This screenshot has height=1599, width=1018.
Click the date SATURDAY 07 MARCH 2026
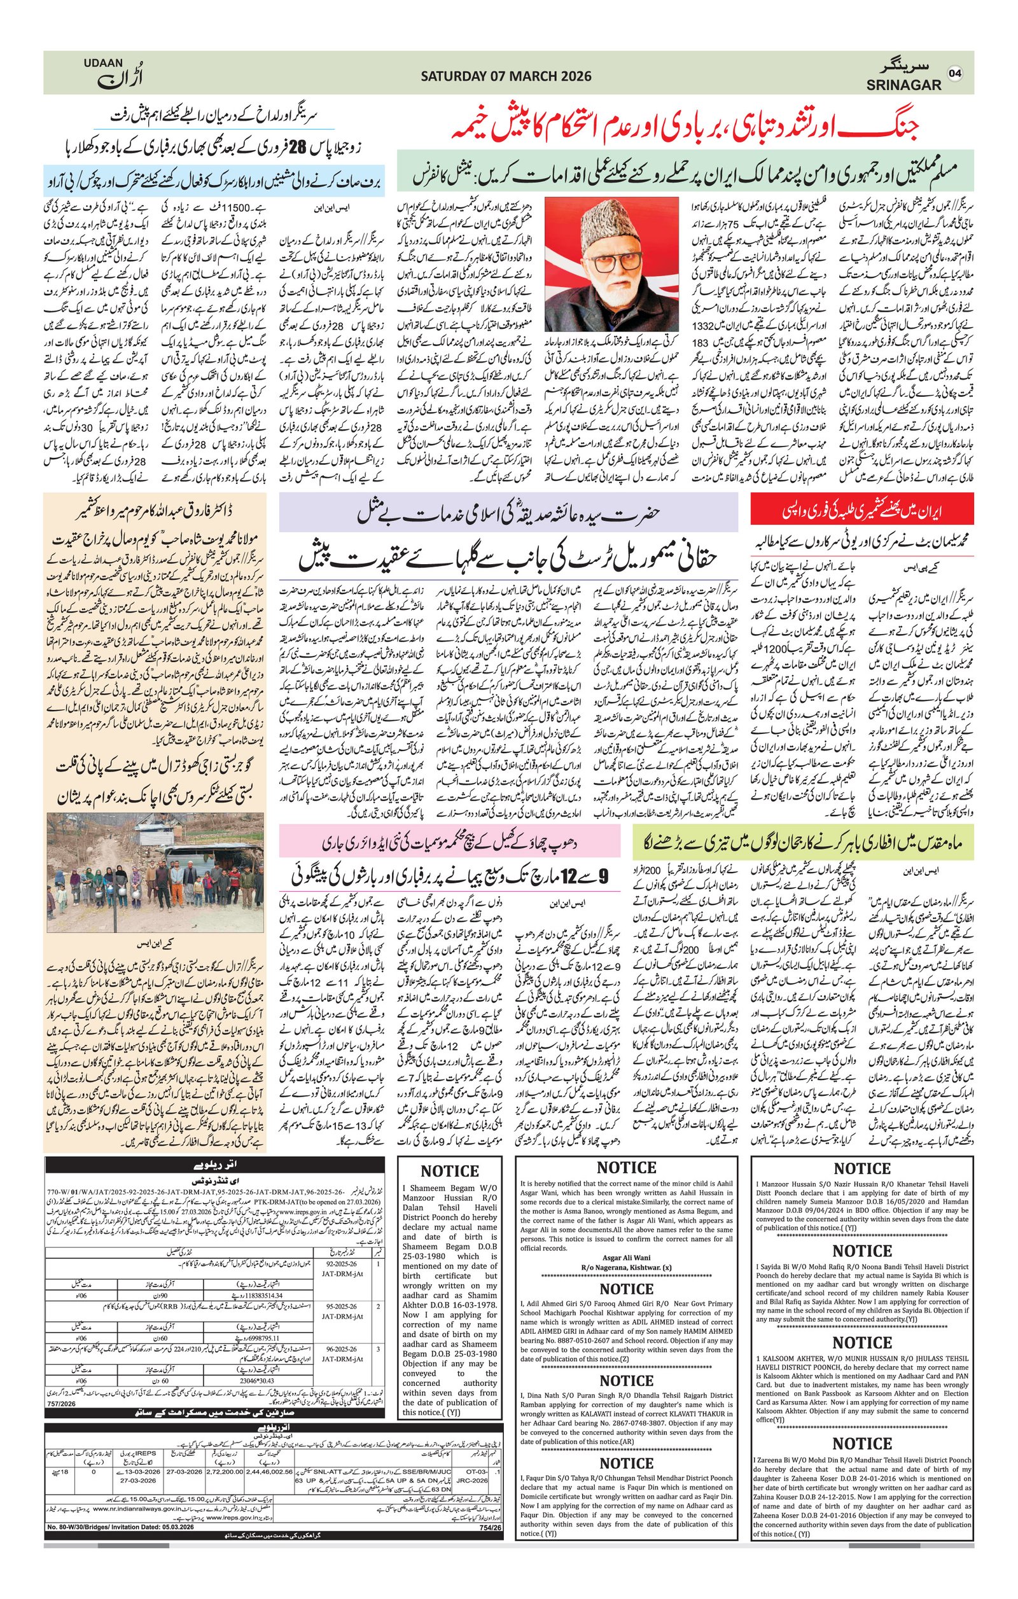point(505,76)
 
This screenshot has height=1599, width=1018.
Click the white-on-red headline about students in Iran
point(861,511)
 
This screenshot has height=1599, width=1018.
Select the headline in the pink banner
point(452,843)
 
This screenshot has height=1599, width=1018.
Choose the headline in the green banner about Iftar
point(804,841)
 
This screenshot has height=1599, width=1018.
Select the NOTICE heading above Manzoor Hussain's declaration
point(861,1168)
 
